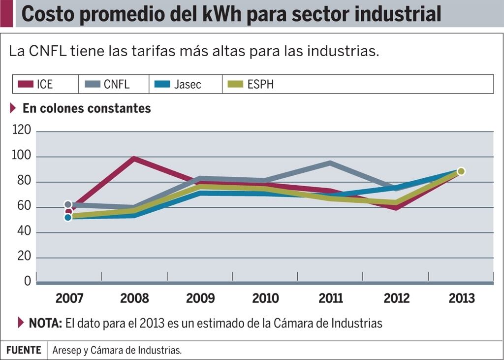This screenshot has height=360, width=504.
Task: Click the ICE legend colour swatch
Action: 25,84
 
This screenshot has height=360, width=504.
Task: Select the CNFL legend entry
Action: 117,84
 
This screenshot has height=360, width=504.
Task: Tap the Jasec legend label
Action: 188,84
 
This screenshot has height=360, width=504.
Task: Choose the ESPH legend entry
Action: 260,84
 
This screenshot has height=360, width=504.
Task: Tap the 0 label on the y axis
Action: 28,281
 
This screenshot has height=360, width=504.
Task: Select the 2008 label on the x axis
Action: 134,298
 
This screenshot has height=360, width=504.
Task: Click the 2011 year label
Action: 331,298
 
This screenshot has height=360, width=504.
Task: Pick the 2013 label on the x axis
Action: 462,298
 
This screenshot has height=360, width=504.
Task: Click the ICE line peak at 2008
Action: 133,159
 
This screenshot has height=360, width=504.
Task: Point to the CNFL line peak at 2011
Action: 330,163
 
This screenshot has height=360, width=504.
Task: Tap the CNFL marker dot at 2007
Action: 68,204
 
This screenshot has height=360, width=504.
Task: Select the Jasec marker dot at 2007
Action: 68,217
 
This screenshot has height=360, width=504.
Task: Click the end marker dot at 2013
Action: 461,171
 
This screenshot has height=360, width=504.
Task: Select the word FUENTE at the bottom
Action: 24,350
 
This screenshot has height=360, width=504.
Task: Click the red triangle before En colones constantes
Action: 13,108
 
